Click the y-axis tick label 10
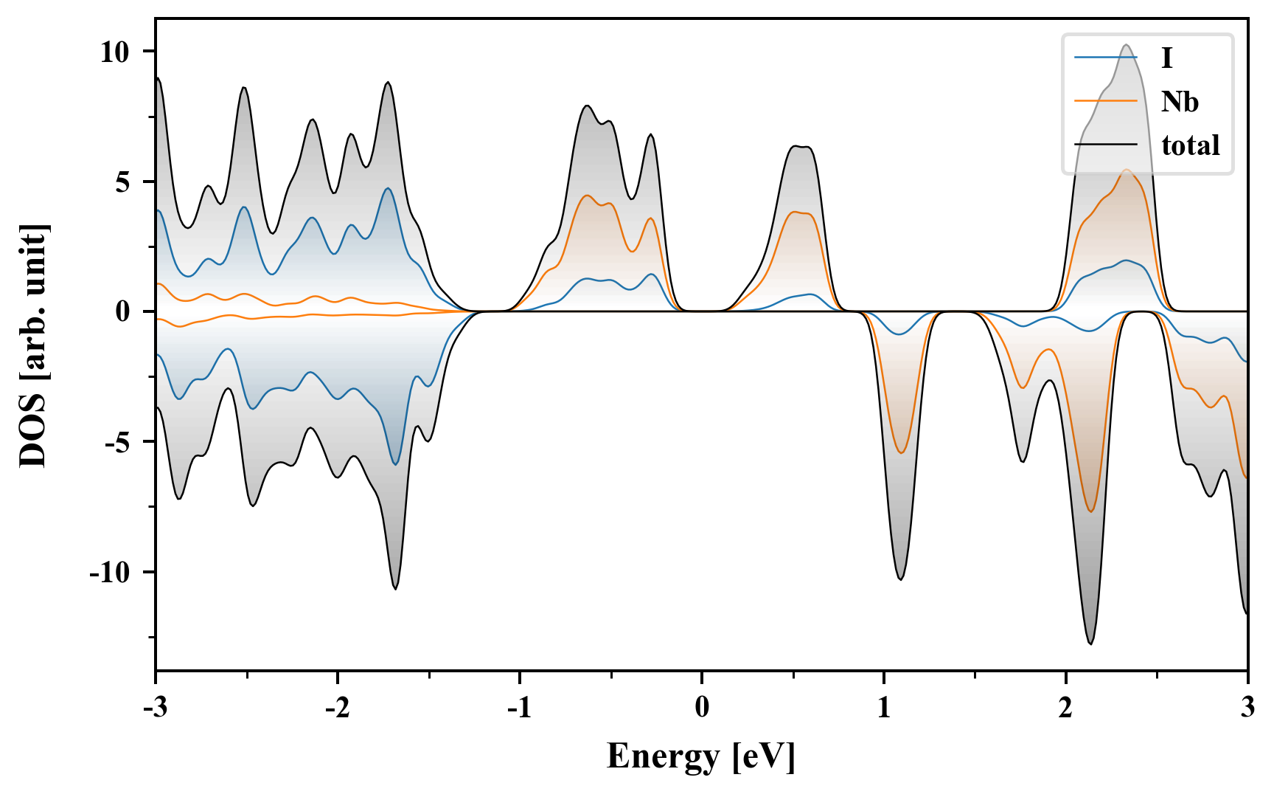115,52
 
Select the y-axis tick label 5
122,182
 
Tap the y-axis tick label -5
118,443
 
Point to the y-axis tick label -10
110,573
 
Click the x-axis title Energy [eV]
701,757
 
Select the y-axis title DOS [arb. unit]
32,345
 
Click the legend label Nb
1180,101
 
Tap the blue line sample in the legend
1106,58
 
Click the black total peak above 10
1126,46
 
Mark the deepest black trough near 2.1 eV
1090,644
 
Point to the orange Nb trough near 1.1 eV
900,452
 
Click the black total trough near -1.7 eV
395,588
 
